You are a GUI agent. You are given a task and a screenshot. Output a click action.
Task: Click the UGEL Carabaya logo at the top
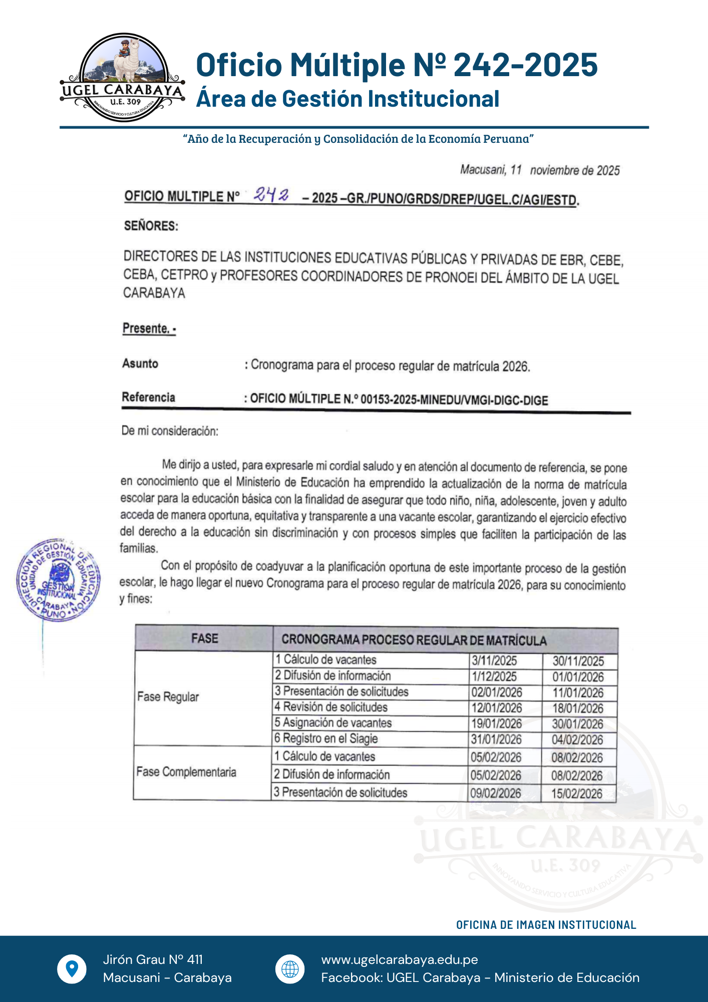pyautogui.click(x=123, y=78)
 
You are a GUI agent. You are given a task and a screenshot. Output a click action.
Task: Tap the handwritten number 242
pyautogui.click(x=271, y=195)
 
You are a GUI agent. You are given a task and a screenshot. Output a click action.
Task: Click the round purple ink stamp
pyautogui.click(x=58, y=581)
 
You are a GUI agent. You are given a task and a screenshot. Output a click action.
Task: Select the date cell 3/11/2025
pyautogui.click(x=494, y=661)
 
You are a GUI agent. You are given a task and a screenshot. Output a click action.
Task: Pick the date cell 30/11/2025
pyautogui.click(x=578, y=661)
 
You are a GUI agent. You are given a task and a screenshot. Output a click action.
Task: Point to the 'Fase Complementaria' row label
pyautogui.click(x=186, y=772)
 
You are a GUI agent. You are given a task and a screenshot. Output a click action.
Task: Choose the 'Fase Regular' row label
pyautogui.click(x=168, y=697)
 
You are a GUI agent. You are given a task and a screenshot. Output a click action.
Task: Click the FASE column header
pyautogui.click(x=205, y=638)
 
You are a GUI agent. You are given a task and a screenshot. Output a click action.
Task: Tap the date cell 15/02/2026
pyautogui.click(x=577, y=794)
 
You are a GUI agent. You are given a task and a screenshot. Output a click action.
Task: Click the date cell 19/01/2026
pyautogui.click(x=496, y=723)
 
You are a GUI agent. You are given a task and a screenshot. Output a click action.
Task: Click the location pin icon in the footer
pyautogui.click(x=72, y=969)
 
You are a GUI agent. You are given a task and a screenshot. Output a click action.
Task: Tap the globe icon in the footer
pyautogui.click(x=290, y=969)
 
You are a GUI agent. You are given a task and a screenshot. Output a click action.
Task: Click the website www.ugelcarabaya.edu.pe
pyautogui.click(x=400, y=959)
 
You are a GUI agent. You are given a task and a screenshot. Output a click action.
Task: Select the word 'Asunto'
pyautogui.click(x=140, y=364)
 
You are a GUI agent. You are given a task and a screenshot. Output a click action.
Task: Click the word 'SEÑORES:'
pyautogui.click(x=151, y=226)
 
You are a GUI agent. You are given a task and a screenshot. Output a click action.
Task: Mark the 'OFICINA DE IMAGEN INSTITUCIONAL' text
pyautogui.click(x=546, y=925)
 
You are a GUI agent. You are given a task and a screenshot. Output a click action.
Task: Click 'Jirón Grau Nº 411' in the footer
pyautogui.click(x=153, y=959)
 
